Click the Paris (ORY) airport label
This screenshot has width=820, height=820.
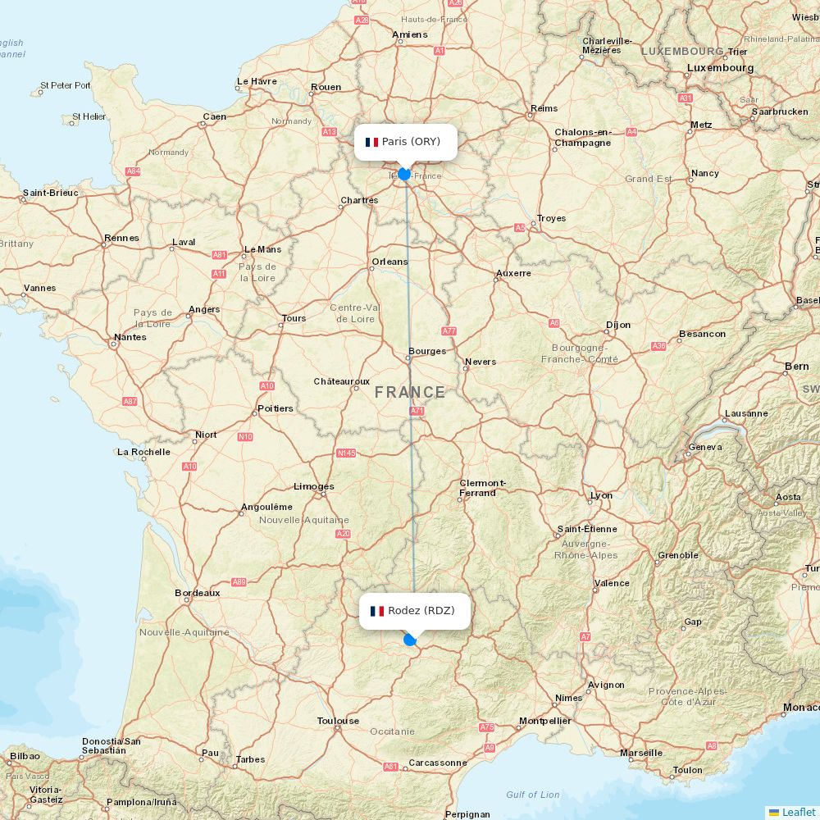point(406,142)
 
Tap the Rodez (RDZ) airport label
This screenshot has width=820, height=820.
point(415,611)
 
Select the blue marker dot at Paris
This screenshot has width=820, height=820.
point(403,174)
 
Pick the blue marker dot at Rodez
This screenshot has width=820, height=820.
point(410,640)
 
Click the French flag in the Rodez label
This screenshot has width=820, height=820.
point(377,611)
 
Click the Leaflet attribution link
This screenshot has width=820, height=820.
point(792,812)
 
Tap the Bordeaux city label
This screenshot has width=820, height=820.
point(198,593)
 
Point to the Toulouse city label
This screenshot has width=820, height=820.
point(338,721)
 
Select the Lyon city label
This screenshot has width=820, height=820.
point(601,495)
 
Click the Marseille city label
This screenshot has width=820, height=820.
point(641,752)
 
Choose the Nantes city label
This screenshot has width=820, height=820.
point(130,337)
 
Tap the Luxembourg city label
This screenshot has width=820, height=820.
point(720,68)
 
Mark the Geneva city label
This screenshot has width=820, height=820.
point(705,447)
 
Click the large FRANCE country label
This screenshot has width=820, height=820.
point(410,393)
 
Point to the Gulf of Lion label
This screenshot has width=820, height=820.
point(533,794)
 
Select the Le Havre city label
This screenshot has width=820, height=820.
point(257,81)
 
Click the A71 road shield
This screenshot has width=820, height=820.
point(417,411)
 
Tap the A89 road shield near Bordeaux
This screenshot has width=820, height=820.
point(239,582)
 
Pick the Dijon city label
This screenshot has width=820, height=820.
point(618,325)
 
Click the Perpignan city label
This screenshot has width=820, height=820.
point(467,814)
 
